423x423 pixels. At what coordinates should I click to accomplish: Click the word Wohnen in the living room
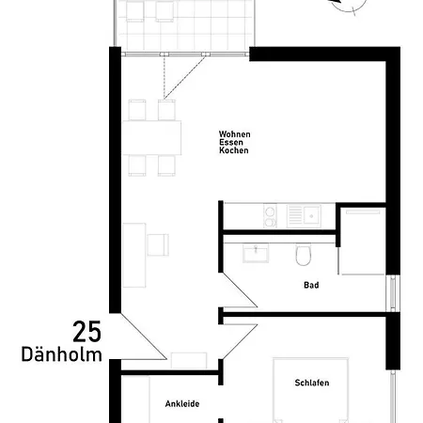pos(235,134)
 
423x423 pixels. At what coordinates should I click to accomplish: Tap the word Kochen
pos(234,150)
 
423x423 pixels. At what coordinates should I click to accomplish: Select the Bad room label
pos(311,285)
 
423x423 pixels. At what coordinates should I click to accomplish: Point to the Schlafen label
pos(312,383)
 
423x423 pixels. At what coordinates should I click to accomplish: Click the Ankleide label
pos(182,404)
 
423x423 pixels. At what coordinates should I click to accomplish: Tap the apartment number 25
pos(87,332)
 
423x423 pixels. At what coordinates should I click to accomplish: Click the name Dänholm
pos(61,354)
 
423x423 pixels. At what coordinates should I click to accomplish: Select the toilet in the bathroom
pos(304,255)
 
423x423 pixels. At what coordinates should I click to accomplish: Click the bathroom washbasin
pos(256,253)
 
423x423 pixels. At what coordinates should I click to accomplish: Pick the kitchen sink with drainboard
pos(304,216)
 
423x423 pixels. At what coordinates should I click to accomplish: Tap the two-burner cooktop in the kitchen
pos(270,215)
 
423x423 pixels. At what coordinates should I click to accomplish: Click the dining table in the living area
pos(151,137)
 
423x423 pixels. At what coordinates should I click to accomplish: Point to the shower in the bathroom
pos(362,241)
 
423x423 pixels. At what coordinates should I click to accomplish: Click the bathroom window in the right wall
pos(393,293)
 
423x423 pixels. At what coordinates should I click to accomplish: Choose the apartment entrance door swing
pos(144,337)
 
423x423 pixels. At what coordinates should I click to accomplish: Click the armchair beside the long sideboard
pos(158,244)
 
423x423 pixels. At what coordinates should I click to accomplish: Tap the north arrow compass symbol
pos(349,6)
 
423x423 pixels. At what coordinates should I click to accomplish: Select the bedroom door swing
pos(240,341)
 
